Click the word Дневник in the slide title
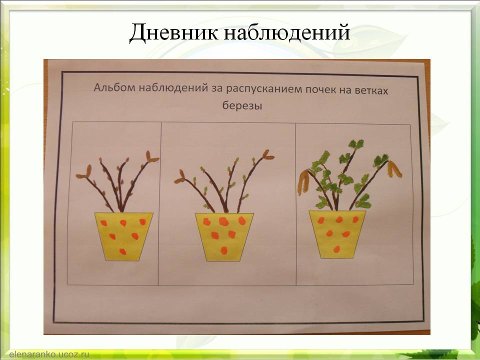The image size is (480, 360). point(172,32)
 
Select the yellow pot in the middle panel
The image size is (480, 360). point(224,236)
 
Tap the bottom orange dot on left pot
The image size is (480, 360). point(122,251)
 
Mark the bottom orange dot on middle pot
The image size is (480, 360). point(223,249)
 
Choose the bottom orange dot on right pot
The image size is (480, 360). point(336,248)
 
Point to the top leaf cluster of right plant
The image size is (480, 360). point(355,144)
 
